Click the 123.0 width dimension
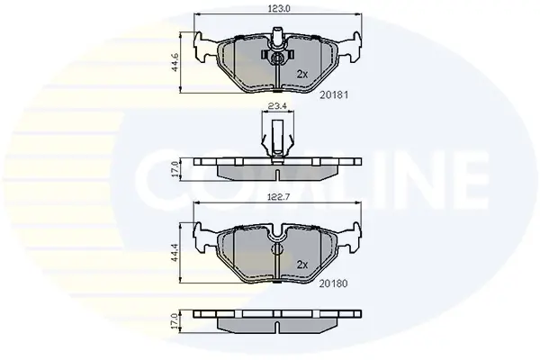pos(279,9)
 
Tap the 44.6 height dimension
pos(175,62)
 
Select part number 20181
pos(334,94)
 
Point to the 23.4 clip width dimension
pos(278,106)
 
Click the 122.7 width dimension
pos(279,197)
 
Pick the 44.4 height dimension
pos(175,253)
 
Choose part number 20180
pos(333,283)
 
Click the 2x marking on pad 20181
pos(302,74)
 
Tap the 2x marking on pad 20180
pos(302,265)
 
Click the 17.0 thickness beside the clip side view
pos(175,169)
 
